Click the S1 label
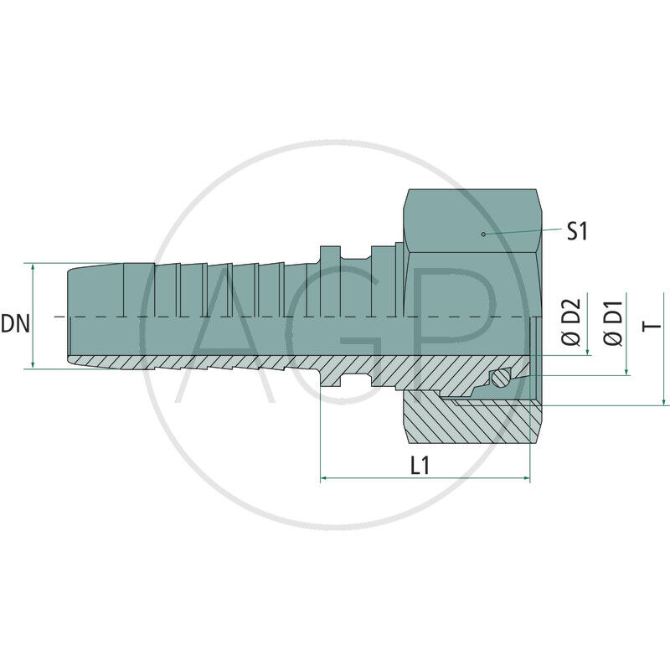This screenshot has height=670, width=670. pos(577,230)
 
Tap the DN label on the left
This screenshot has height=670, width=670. pos(15,323)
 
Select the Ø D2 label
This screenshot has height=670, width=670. pos(571,323)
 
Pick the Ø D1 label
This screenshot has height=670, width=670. pos(613,323)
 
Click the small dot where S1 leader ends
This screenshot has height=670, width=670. pos(484,234)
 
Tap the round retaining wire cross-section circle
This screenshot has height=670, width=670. pos(500,379)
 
